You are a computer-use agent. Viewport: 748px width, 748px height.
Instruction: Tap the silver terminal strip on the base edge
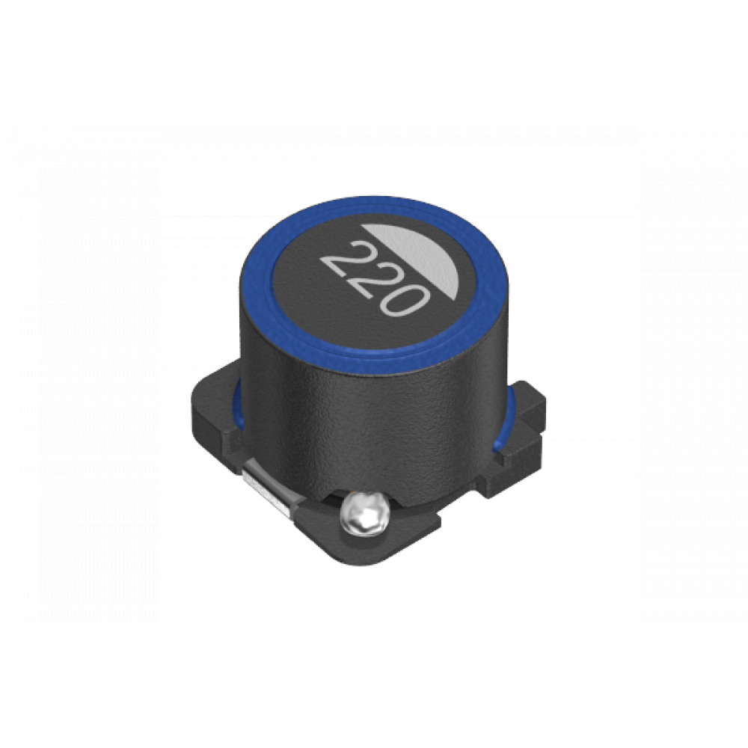[x=266, y=491]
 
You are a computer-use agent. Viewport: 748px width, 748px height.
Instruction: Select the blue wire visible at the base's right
[x=503, y=420]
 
